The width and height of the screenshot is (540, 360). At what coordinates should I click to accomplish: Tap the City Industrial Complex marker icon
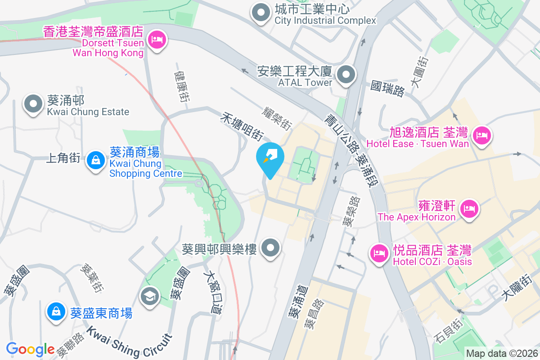pos(261,14)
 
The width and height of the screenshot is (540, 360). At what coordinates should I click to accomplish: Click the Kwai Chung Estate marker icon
pos(33,105)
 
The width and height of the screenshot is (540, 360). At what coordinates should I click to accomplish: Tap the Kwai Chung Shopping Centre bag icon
pos(95,161)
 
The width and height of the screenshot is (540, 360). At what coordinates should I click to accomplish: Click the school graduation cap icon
pos(149,297)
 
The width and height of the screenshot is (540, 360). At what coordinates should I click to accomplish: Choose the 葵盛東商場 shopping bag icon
pos(57,312)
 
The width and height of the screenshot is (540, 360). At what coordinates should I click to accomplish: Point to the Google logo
pos(30,349)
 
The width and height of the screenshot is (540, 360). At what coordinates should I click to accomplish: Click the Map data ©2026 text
pos(501,354)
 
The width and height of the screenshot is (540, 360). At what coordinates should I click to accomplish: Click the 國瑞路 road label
pos(387,88)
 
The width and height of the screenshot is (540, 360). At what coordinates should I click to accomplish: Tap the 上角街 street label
pos(63,158)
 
